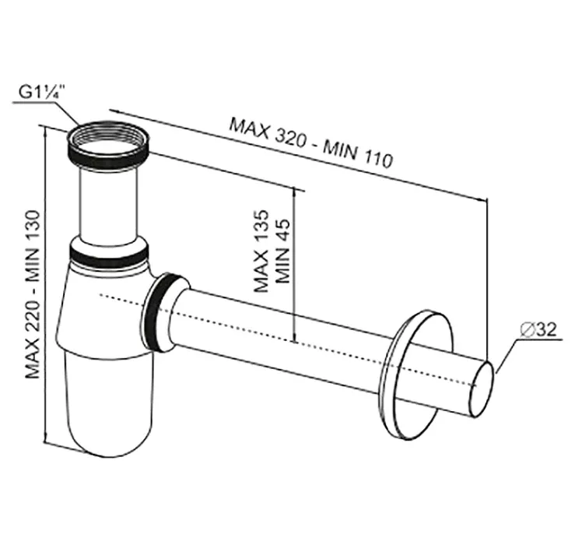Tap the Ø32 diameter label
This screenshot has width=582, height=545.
click(538, 329)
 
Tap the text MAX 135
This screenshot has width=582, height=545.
click(261, 251)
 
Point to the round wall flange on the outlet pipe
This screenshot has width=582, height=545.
click(417, 374)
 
